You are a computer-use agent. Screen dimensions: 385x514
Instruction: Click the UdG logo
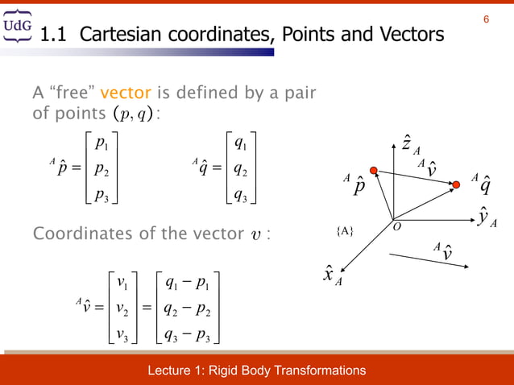click(x=19, y=27)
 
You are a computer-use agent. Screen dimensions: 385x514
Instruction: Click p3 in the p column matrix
click(x=102, y=196)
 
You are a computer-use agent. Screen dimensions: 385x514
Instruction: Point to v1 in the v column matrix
click(x=122, y=283)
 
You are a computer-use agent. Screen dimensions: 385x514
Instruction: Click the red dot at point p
click(x=373, y=170)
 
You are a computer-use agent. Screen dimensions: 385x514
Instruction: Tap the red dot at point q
click(x=456, y=185)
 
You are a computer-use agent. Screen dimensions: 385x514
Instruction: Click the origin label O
click(x=397, y=227)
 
